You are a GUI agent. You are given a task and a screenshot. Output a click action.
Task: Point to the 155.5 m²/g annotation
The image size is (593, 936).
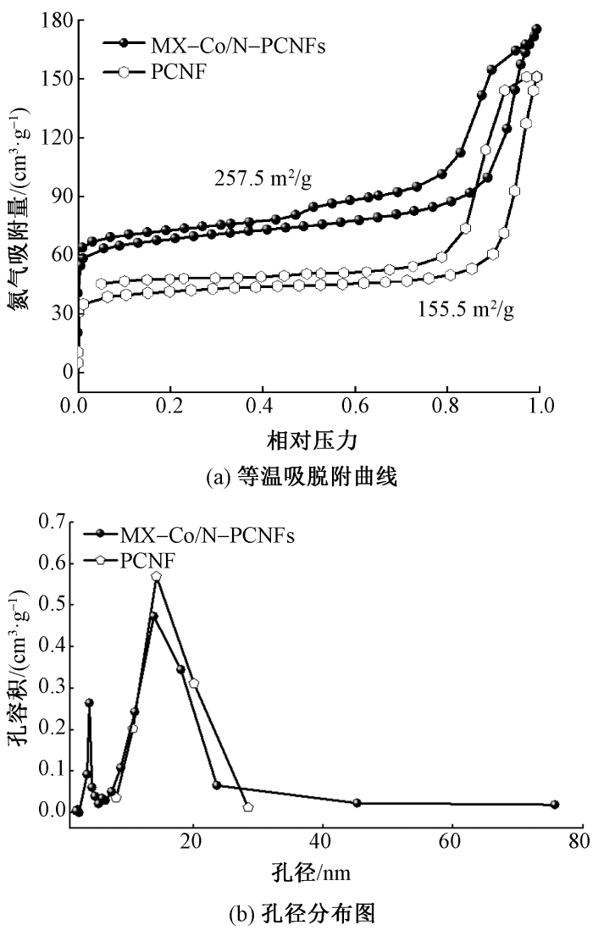[x=465, y=309]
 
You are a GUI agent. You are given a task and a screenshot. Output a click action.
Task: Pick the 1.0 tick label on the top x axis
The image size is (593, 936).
[x=539, y=405]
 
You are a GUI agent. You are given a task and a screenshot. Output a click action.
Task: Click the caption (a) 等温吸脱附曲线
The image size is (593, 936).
[x=308, y=476]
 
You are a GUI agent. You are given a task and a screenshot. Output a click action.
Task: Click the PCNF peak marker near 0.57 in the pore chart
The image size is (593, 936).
[x=157, y=576]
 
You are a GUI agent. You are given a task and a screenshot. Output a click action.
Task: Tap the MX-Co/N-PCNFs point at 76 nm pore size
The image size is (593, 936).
[x=555, y=804]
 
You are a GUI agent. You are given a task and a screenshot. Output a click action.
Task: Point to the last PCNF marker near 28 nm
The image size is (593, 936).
[x=248, y=807]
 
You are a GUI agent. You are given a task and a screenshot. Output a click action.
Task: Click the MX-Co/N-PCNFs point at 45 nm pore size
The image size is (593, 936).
[x=357, y=802]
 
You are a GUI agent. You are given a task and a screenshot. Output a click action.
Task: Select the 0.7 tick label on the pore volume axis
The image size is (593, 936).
[x=52, y=523]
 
